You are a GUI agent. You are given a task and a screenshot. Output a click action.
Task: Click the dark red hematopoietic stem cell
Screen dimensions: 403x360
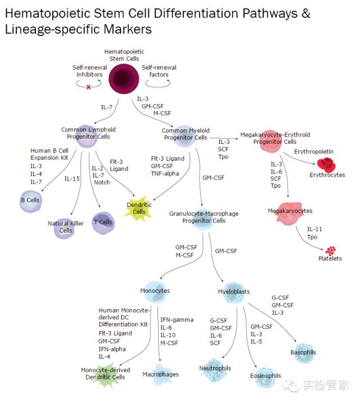coord(124,78)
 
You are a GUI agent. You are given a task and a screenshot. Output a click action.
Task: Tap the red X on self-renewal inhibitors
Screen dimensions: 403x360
coord(88,87)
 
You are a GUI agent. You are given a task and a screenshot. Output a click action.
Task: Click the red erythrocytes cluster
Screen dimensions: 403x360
coord(327,165)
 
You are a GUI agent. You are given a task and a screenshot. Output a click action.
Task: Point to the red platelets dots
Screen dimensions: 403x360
coord(330,251)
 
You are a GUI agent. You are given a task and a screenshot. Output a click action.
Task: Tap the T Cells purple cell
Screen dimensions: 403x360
coord(102,222)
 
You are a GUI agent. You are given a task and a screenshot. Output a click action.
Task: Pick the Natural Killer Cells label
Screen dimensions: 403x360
coord(66,227)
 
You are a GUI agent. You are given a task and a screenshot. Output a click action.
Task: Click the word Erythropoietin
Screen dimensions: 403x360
coord(314,152)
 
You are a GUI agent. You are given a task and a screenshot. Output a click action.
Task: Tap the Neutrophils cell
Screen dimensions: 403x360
coord(215,369)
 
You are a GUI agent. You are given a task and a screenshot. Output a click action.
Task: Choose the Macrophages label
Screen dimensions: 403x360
coord(161,374)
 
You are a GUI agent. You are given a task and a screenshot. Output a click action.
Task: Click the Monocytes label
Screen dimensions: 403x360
coord(155,291)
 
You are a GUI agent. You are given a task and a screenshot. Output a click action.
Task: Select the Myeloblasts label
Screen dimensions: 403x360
coord(233,292)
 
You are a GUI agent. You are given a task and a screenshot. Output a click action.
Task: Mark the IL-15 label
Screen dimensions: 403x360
coord(72,179)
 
